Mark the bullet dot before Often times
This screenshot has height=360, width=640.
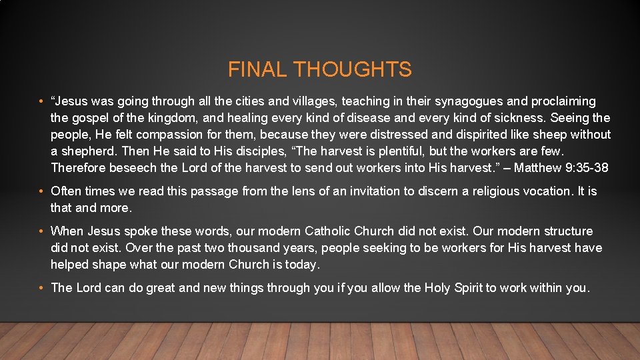pos(41,192)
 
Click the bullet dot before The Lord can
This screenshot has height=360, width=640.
pos(41,288)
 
